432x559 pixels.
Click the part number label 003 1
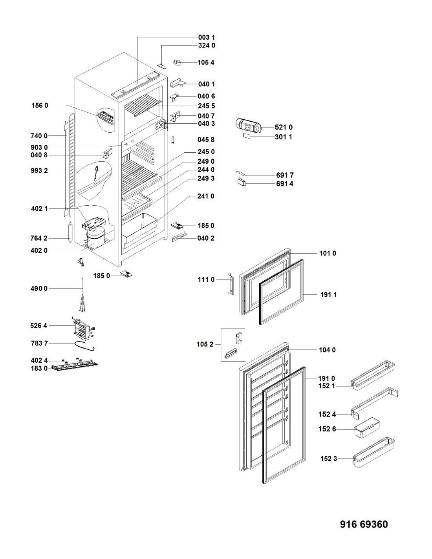[x=206, y=38]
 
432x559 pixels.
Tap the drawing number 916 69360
[x=364, y=524]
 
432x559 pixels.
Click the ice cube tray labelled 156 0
[x=106, y=118]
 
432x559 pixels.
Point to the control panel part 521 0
[x=248, y=125]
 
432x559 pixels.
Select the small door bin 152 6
[x=367, y=428]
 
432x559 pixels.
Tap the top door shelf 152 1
[x=373, y=375]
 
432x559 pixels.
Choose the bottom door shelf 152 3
[x=374, y=452]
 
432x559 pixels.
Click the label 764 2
[x=39, y=238]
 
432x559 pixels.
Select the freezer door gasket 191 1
[x=282, y=292]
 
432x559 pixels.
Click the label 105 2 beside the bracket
[x=205, y=344]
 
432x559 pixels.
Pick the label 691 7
[x=285, y=175]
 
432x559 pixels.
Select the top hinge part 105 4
[x=177, y=62]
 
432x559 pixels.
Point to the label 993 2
[x=39, y=171]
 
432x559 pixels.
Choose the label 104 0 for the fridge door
[x=327, y=350]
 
